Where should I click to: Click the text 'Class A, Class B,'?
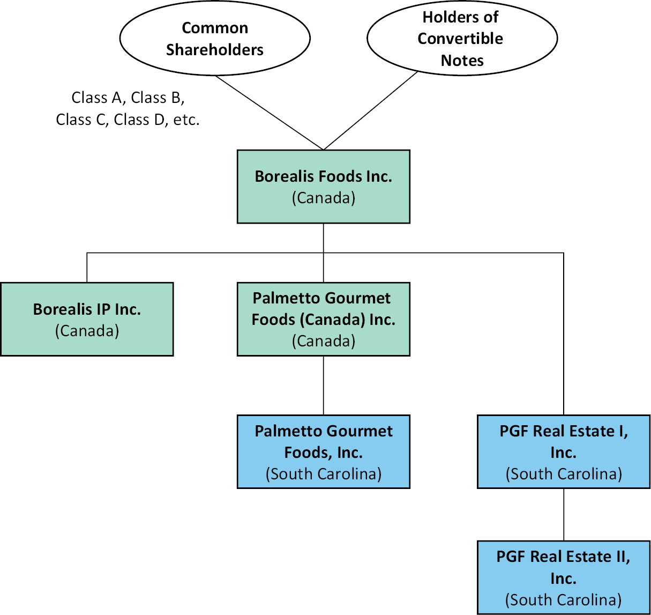click(128, 98)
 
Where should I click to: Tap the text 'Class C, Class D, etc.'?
click(128, 120)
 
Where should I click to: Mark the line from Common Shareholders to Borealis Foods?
click(269, 113)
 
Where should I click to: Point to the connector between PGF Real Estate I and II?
click(564, 515)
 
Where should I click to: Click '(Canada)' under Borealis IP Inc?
click(87, 331)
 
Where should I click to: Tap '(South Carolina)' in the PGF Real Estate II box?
click(564, 599)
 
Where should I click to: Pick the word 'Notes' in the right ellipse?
click(462, 61)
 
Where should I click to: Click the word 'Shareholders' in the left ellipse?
click(215, 50)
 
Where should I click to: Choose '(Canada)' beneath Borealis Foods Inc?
click(324, 198)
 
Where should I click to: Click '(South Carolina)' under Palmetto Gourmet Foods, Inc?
click(324, 474)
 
